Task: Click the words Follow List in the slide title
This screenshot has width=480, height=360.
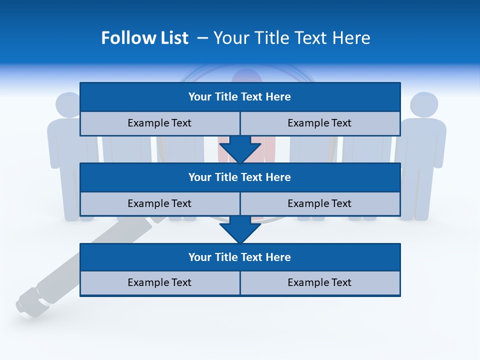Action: (144, 38)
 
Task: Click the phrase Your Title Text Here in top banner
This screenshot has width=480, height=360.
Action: (291, 38)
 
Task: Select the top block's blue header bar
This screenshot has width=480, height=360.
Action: (240, 96)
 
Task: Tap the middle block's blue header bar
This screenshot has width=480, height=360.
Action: (240, 177)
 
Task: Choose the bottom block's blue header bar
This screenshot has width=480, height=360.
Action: (240, 257)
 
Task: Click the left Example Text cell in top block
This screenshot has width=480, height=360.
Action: (159, 123)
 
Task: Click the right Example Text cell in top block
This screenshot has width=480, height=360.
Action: (319, 123)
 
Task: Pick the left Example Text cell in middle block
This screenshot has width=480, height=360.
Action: (159, 203)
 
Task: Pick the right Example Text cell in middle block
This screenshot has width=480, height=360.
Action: (319, 203)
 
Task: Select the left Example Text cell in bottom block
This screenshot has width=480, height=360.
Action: (159, 282)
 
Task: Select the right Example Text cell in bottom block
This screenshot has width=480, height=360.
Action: (319, 282)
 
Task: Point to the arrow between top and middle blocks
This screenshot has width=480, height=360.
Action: (240, 149)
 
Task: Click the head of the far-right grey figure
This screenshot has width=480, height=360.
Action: (424, 105)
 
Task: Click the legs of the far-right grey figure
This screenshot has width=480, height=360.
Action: (420, 195)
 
